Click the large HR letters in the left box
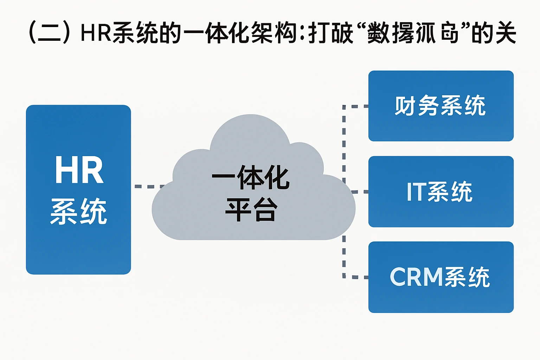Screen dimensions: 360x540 pyautogui.click(x=79, y=170)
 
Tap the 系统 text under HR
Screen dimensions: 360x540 pyautogui.click(x=79, y=211)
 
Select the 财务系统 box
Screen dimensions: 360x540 pyautogui.click(x=441, y=106)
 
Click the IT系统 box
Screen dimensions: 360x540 pyautogui.click(x=441, y=192)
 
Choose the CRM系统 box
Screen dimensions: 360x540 pyautogui.click(x=441, y=277)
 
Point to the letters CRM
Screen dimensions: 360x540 pyautogui.click(x=416, y=277)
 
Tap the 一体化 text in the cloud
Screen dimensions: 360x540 pyautogui.click(x=251, y=178)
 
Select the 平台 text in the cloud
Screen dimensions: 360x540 pyautogui.click(x=251, y=210)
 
